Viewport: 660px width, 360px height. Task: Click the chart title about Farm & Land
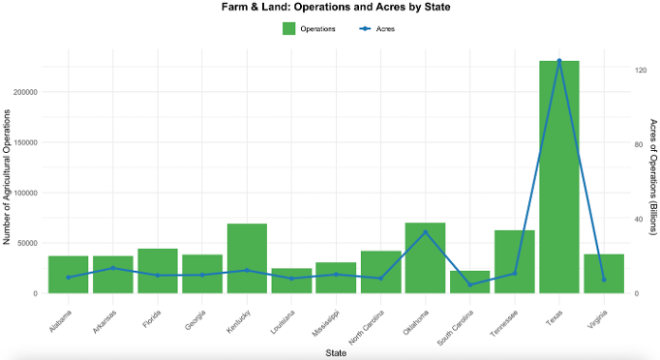click(336, 7)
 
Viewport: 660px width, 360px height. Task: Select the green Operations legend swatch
click(288, 29)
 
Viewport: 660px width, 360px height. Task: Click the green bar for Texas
click(559, 177)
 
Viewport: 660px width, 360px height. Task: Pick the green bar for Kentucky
click(247, 258)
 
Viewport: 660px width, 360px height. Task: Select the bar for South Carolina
click(469, 283)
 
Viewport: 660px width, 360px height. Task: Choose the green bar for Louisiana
click(291, 281)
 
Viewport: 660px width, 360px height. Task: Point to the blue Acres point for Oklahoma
click(425, 232)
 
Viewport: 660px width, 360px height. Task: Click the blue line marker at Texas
click(559, 61)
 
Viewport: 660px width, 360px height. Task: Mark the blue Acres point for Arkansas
click(113, 268)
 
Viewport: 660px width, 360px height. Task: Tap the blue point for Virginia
click(604, 280)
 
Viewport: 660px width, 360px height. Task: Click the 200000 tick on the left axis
click(25, 92)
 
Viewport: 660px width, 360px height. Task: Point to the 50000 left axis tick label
click(28, 243)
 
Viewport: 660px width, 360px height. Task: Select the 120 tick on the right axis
click(641, 70)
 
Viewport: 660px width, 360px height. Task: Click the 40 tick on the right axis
click(639, 220)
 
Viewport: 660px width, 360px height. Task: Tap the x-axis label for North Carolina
click(367, 327)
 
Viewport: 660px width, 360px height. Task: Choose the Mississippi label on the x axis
click(325, 323)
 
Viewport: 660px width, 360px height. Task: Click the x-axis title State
click(336, 353)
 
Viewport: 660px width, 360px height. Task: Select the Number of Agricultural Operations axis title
click(7, 177)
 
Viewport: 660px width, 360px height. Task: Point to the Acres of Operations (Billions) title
click(653, 177)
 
